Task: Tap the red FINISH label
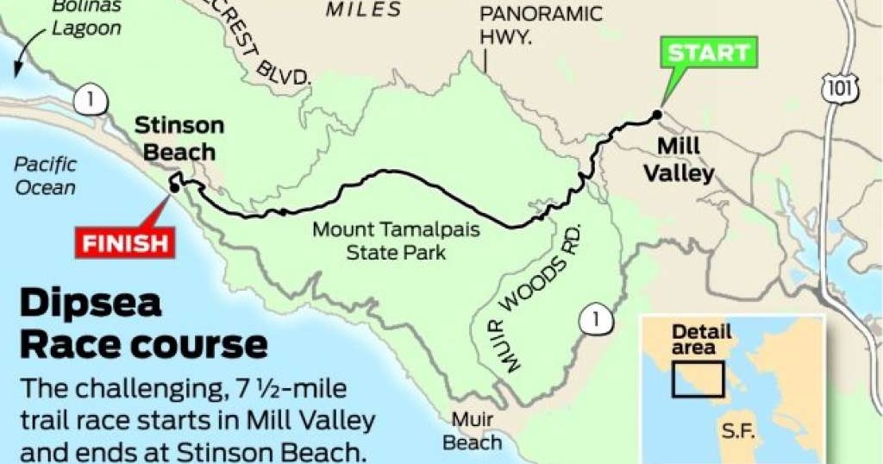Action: click(x=126, y=242)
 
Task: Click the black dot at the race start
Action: click(x=656, y=114)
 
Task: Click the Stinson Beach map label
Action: click(x=178, y=138)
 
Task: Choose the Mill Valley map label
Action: click(x=685, y=160)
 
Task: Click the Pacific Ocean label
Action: click(x=45, y=175)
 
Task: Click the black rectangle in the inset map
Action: click(x=698, y=379)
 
